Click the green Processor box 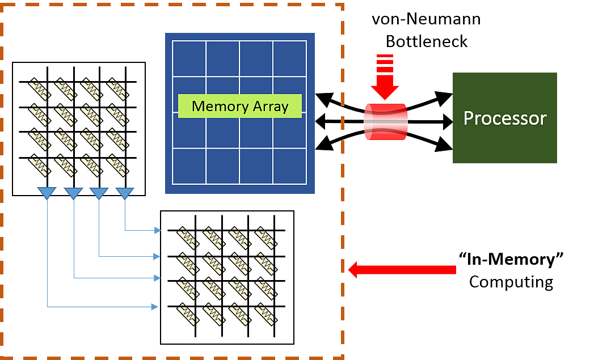point(504,118)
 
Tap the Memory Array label point(240,106)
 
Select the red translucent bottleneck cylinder point(385,121)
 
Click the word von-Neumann point(426,19)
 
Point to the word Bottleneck point(426,41)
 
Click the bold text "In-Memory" point(511,259)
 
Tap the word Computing point(511,282)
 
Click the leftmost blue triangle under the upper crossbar point(47,193)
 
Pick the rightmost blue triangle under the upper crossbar point(125,193)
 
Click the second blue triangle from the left point(74,193)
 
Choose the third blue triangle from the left point(99,193)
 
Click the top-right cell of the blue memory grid point(289,58)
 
